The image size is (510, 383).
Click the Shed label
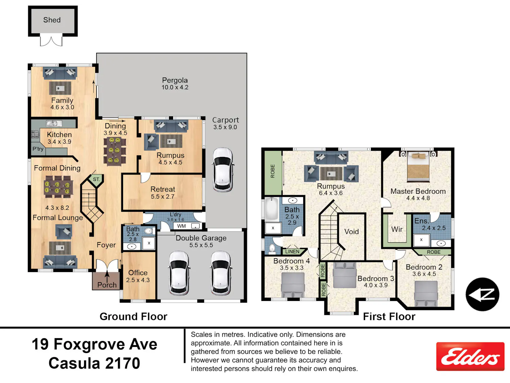tap(52, 20)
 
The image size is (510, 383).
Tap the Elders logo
tap(470, 356)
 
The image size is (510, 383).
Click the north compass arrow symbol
tap(482, 294)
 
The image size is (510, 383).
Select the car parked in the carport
tap(223, 170)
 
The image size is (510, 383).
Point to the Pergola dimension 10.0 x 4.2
tap(175, 87)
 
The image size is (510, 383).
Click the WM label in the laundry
tap(181, 226)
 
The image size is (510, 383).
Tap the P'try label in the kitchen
tap(38, 149)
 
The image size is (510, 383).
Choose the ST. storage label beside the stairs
tap(96, 179)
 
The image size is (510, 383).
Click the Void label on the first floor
tap(352, 232)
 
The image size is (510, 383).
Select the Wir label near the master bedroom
tap(397, 229)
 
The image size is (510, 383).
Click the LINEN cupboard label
tap(292, 252)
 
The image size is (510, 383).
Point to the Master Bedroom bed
tap(418, 167)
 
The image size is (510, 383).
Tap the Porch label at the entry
tap(107, 285)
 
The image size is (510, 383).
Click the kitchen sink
tap(54, 123)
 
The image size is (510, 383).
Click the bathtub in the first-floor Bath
tap(272, 209)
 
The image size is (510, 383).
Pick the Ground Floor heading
tap(133, 317)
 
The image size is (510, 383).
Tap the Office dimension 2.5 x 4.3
tap(138, 280)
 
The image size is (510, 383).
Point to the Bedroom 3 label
tap(376, 278)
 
